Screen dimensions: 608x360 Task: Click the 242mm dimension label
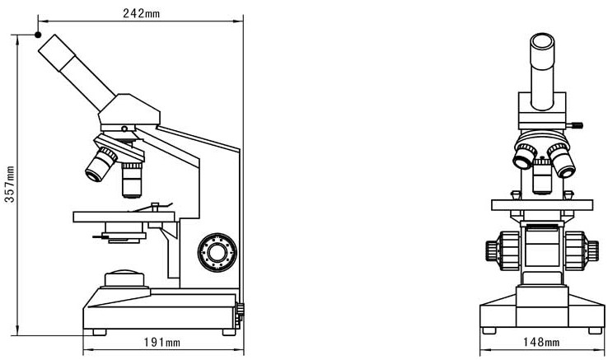coord(141,13)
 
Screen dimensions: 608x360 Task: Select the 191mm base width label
coord(162,342)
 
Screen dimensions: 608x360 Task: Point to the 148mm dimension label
coord(541,342)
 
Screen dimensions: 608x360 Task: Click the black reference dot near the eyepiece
coord(38,35)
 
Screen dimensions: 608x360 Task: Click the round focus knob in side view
coord(217,253)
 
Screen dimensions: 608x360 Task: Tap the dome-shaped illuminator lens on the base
coord(124,278)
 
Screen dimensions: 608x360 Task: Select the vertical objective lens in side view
coord(132,180)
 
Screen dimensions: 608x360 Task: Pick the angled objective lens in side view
coord(101,165)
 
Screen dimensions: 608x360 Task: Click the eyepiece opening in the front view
coord(542,40)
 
